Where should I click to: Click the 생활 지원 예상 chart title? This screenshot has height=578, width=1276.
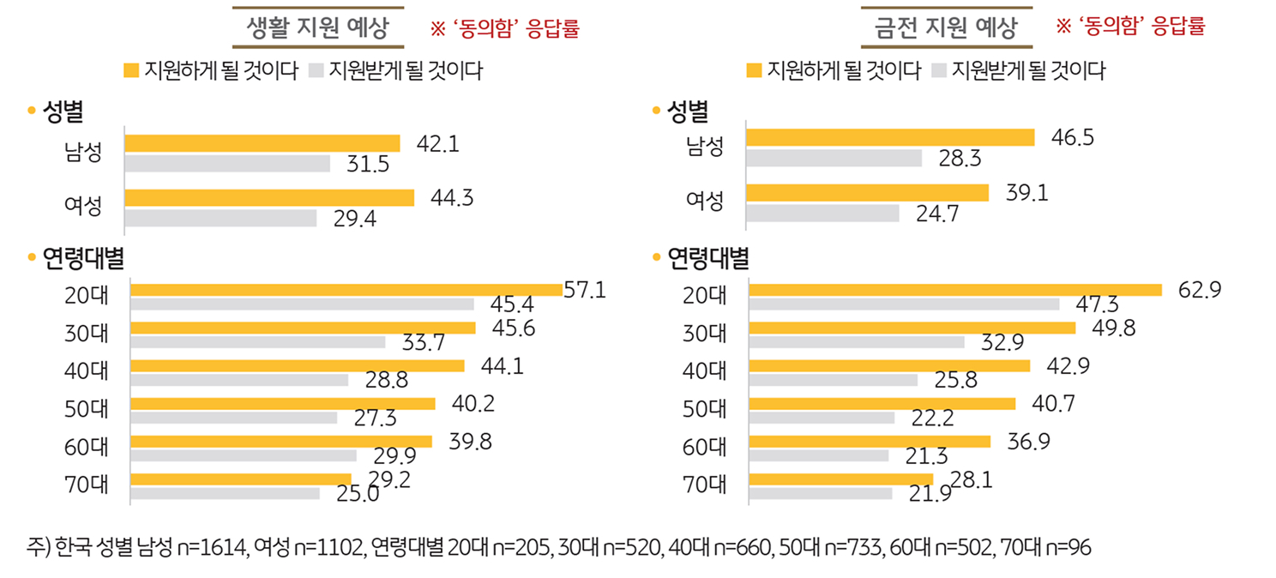318,28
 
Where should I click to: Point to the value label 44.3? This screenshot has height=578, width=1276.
452,198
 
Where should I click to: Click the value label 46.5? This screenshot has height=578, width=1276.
1072,137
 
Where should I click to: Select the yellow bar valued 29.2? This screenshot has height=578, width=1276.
241,479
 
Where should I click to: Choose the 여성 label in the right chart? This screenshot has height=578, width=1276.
705,202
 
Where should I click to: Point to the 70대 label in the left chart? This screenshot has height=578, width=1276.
86,485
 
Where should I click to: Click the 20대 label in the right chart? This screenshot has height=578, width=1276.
705,296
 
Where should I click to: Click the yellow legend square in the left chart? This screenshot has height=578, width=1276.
131,70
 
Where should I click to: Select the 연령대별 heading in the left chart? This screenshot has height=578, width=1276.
82,258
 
